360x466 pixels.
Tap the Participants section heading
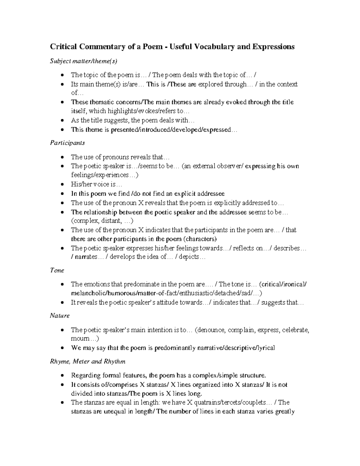[67, 143]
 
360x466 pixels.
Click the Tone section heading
[57, 270]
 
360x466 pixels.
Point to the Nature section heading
[60, 316]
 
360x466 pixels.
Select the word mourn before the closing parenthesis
[80, 339]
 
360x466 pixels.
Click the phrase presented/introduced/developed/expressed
[171, 130]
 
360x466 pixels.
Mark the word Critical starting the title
[62, 47]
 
